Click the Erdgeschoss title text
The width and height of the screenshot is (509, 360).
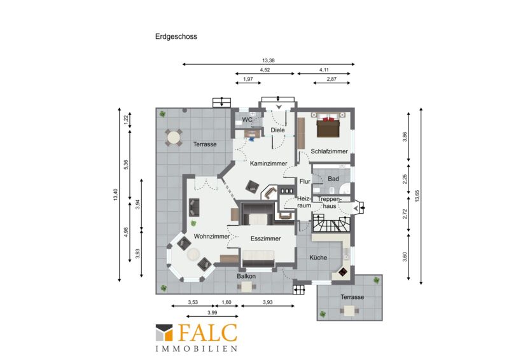coord(176,36)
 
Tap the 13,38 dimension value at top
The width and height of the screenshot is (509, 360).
coord(268,60)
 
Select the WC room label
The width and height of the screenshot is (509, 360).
coord(247,120)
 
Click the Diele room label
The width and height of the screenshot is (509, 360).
coord(277,130)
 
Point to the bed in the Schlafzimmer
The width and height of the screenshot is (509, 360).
coord(328,125)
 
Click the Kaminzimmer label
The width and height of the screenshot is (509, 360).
coord(268,163)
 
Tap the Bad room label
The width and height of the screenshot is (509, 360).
coord(333,179)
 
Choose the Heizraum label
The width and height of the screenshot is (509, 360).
coord(304,202)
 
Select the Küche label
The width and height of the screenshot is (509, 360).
coord(318,258)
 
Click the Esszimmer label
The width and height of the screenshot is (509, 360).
coord(265,239)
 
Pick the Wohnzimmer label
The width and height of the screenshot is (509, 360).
coord(212,237)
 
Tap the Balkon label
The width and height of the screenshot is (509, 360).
coord(246,276)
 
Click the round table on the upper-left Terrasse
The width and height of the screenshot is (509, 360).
coord(173,138)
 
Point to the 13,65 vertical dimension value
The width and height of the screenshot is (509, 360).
coord(417,196)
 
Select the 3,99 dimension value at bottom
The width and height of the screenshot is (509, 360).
coord(212,312)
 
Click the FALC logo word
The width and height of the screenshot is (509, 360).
coord(208,332)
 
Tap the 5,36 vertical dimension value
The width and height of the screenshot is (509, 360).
coord(126,165)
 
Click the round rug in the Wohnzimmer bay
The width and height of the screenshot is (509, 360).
coord(194,254)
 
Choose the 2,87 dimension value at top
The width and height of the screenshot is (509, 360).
coord(331,79)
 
